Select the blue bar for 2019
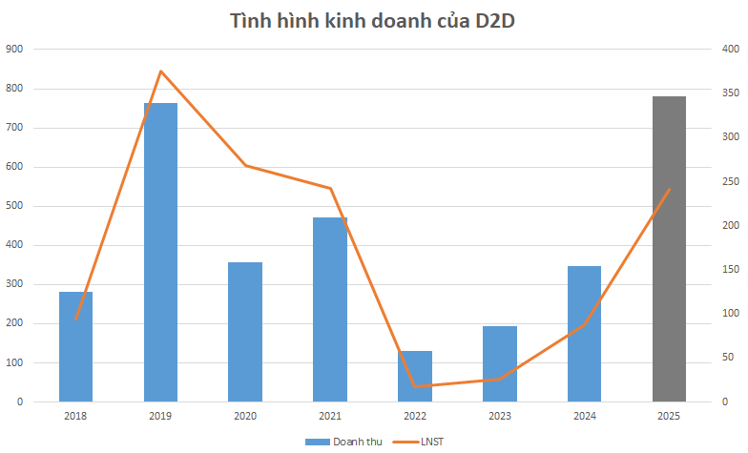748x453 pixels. (160, 253)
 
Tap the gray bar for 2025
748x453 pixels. (669, 249)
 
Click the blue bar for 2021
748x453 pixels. (330, 310)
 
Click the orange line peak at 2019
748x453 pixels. (160, 72)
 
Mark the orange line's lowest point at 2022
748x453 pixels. (415, 386)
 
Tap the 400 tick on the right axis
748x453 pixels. (730, 49)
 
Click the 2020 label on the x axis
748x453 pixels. (245, 417)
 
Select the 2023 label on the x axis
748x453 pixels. (499, 417)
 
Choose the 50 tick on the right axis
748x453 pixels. (727, 358)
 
